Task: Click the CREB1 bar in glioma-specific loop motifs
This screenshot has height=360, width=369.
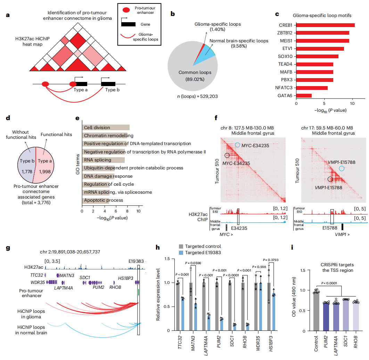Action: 325,25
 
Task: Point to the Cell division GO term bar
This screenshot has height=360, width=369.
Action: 106,127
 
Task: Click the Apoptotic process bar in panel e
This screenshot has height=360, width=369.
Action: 96,200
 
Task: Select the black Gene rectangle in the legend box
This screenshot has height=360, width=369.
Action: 128,24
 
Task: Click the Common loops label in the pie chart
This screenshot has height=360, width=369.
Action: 193,73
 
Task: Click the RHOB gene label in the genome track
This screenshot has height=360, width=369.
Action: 115,287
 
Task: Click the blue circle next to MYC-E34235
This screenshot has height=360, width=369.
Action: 238,145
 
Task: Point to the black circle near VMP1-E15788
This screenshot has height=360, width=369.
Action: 330,179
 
